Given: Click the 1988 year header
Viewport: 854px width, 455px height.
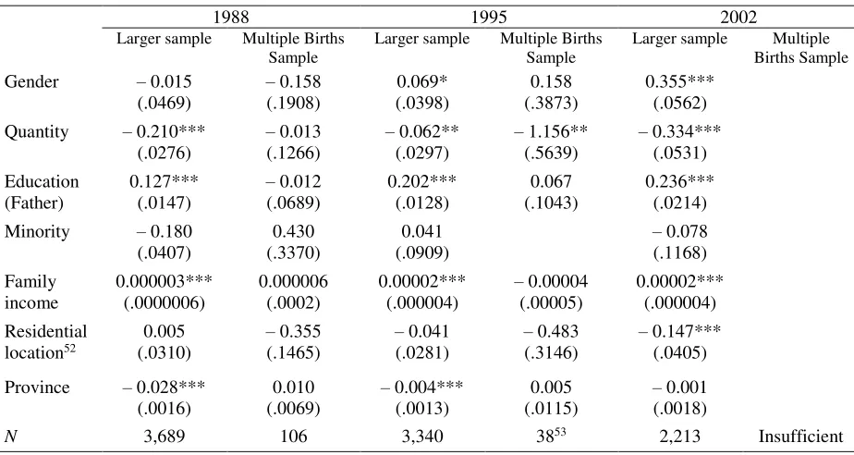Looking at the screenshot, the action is pyautogui.click(x=231, y=18).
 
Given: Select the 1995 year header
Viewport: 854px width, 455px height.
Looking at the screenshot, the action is pyautogui.click(x=489, y=18).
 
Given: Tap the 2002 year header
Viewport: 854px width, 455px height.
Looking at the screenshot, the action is pyautogui.click(x=738, y=18).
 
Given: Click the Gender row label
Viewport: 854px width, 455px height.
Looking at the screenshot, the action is pyautogui.click(x=31, y=81).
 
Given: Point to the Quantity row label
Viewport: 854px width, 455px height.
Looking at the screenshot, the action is pyautogui.click(x=36, y=132).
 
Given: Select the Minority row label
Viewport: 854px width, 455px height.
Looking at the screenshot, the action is pyautogui.click(x=37, y=231).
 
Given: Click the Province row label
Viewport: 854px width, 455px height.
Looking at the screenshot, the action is pyautogui.click(x=37, y=387).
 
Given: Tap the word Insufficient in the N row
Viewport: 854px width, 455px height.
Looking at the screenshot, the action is pyautogui.click(x=800, y=437).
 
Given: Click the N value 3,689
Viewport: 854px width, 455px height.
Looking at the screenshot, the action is pyautogui.click(x=164, y=437).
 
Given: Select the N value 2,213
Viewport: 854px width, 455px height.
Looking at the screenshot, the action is pyautogui.click(x=679, y=437).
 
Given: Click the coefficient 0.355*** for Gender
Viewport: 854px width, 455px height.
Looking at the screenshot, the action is pyautogui.click(x=679, y=81).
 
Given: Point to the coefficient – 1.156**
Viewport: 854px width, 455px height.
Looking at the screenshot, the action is pyautogui.click(x=551, y=132).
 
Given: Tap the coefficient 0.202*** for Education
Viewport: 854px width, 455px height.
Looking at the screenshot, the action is pyautogui.click(x=422, y=181).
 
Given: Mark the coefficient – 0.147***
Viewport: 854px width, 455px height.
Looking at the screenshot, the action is pyautogui.click(x=679, y=331).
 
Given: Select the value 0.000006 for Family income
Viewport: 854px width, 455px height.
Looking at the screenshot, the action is pyautogui.click(x=294, y=282).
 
